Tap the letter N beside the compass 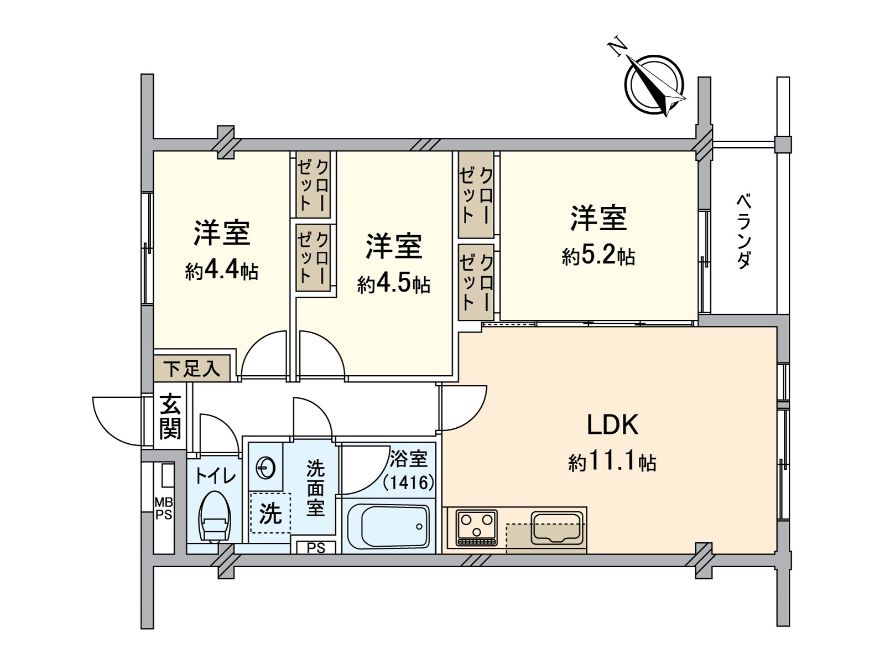tap(617, 48)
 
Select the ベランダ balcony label tap(743, 231)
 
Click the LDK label tap(612, 425)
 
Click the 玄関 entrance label tap(170, 417)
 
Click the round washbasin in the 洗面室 tap(265, 468)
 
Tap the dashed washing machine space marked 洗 tap(270, 513)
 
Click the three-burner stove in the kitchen tap(476, 528)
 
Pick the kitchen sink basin tap(557, 528)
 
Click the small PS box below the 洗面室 tap(316, 548)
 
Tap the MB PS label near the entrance tap(164, 509)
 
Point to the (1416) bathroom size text tap(408, 482)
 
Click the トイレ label tap(215, 476)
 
